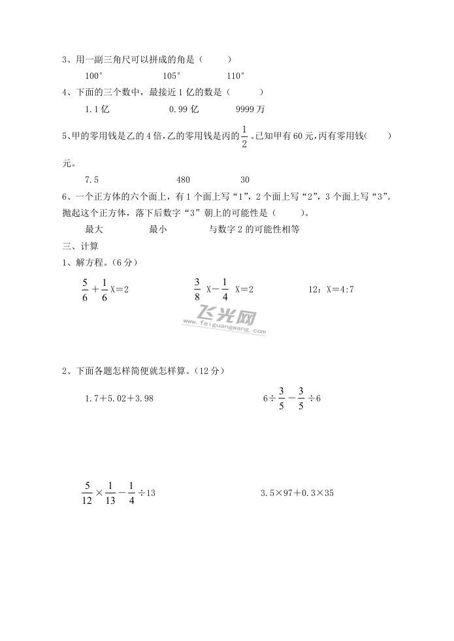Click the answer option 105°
pyautogui.click(x=172, y=75)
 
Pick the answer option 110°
pyautogui.click(x=235, y=75)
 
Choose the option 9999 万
pyautogui.click(x=250, y=110)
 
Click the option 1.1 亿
pyautogui.click(x=97, y=110)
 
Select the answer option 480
pyautogui.click(x=183, y=180)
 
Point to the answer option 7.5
pyautogui.click(x=91, y=180)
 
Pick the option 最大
pyautogui.click(x=94, y=229)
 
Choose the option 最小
pyautogui.click(x=158, y=229)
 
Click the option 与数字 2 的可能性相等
pyautogui.click(x=253, y=229)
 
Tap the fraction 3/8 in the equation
pyautogui.click(x=197, y=289)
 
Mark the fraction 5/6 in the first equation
pyautogui.click(x=84, y=289)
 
